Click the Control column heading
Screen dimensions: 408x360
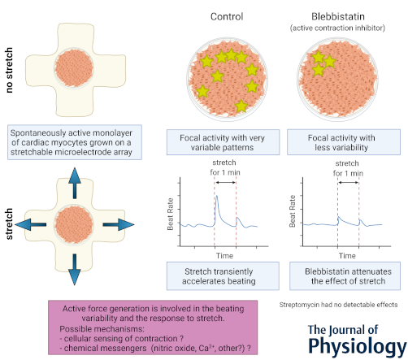click(x=227, y=16)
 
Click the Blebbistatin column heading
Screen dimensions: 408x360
click(x=338, y=16)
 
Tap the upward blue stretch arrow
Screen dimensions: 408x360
click(x=75, y=183)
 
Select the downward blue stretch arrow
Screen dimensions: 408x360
click(x=75, y=270)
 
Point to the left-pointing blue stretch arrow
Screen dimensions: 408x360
click(x=31, y=224)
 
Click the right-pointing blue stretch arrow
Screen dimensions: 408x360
click(x=119, y=224)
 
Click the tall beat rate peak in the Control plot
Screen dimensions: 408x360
click(x=216, y=197)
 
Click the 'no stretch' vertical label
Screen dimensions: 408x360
click(x=9, y=70)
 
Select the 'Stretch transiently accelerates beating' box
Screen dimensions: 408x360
click(x=223, y=276)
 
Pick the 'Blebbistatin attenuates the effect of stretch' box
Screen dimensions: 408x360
click(x=345, y=276)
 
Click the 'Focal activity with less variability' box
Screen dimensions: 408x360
click(x=344, y=142)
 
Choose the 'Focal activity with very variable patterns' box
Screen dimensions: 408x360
click(x=223, y=142)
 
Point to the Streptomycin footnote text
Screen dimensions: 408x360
click(x=338, y=305)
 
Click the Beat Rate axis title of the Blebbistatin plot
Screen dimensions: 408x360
click(x=292, y=211)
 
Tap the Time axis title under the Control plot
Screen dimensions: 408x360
click(x=224, y=256)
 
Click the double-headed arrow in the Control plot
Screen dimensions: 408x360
click(x=226, y=182)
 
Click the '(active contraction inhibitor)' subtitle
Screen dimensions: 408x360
click(x=337, y=28)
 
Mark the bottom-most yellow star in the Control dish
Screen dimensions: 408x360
click(x=241, y=106)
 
